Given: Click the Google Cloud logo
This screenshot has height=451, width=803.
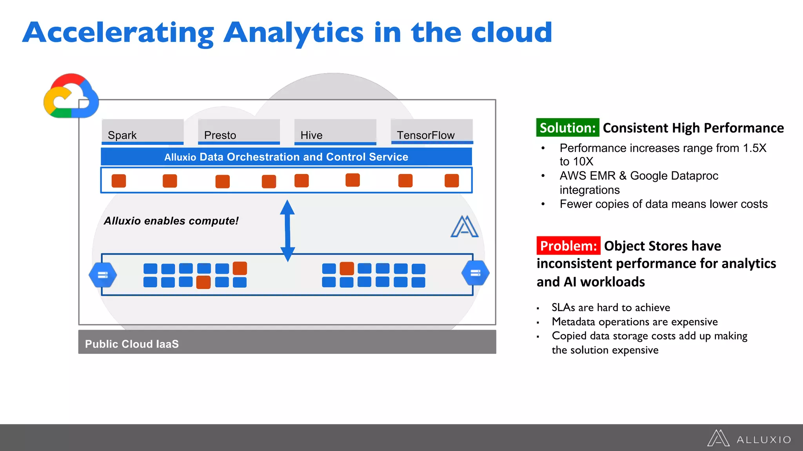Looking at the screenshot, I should (x=71, y=96).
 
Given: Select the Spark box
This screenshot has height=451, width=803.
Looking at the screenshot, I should (x=142, y=132).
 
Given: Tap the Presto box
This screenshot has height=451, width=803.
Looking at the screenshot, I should (x=239, y=132).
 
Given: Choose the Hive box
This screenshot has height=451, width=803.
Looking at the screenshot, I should (x=335, y=132).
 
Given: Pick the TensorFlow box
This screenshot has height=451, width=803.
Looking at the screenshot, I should (x=432, y=132).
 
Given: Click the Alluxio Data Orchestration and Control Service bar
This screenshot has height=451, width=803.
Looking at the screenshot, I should (x=286, y=157).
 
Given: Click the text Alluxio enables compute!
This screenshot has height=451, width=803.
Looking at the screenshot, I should (x=171, y=221).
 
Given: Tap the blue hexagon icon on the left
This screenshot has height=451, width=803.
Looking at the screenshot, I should (x=103, y=274).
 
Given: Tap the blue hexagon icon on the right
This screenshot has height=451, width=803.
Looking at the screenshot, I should (x=475, y=273).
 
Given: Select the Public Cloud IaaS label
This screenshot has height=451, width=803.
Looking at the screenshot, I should (x=132, y=344).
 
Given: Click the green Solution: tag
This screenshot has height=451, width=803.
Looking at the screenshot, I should (x=567, y=128).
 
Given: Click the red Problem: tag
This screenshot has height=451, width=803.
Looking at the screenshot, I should (x=568, y=245).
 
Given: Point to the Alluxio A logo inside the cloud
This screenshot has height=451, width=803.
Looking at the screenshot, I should (x=464, y=227).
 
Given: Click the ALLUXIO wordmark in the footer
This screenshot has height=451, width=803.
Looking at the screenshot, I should (x=763, y=440).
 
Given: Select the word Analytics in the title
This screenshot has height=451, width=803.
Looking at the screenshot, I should (x=293, y=33).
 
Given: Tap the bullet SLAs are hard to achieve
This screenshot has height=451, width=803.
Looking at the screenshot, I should (x=610, y=307).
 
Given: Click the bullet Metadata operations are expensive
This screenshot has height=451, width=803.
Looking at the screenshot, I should (x=634, y=321).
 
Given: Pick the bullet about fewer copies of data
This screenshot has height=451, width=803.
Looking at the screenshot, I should (x=663, y=204).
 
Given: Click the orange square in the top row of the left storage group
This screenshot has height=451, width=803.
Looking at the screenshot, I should (x=240, y=268).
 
